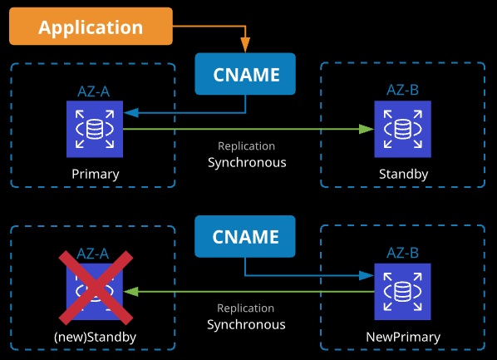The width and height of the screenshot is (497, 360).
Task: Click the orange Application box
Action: (91, 27)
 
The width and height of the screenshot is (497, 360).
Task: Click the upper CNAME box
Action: (245, 74)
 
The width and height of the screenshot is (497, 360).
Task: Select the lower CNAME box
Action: (245, 236)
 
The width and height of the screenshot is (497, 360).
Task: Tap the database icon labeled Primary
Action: (95, 129)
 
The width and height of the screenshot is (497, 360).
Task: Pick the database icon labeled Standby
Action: (402, 129)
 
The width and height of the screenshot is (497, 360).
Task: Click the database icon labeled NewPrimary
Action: (402, 292)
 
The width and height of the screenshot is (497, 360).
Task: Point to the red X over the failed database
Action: (96, 288)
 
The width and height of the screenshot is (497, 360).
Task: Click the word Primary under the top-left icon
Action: (96, 174)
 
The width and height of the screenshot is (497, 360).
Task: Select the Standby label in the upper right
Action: (403, 174)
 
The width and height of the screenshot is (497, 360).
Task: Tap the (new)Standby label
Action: (95, 337)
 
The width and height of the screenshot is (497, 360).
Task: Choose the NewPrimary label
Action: (403, 337)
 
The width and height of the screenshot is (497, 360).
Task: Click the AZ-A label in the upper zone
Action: (94, 91)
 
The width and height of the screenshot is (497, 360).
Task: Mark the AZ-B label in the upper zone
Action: (402, 90)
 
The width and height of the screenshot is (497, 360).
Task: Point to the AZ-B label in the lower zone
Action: (402, 253)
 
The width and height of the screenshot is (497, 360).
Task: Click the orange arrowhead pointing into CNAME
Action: (245, 45)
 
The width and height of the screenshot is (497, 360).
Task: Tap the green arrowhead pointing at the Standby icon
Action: (367, 129)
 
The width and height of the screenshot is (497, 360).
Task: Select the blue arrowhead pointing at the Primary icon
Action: (131, 112)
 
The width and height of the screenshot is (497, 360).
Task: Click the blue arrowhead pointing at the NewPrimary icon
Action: (367, 275)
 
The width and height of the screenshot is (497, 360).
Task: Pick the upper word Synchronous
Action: (247, 162)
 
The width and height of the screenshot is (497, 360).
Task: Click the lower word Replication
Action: (246, 308)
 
